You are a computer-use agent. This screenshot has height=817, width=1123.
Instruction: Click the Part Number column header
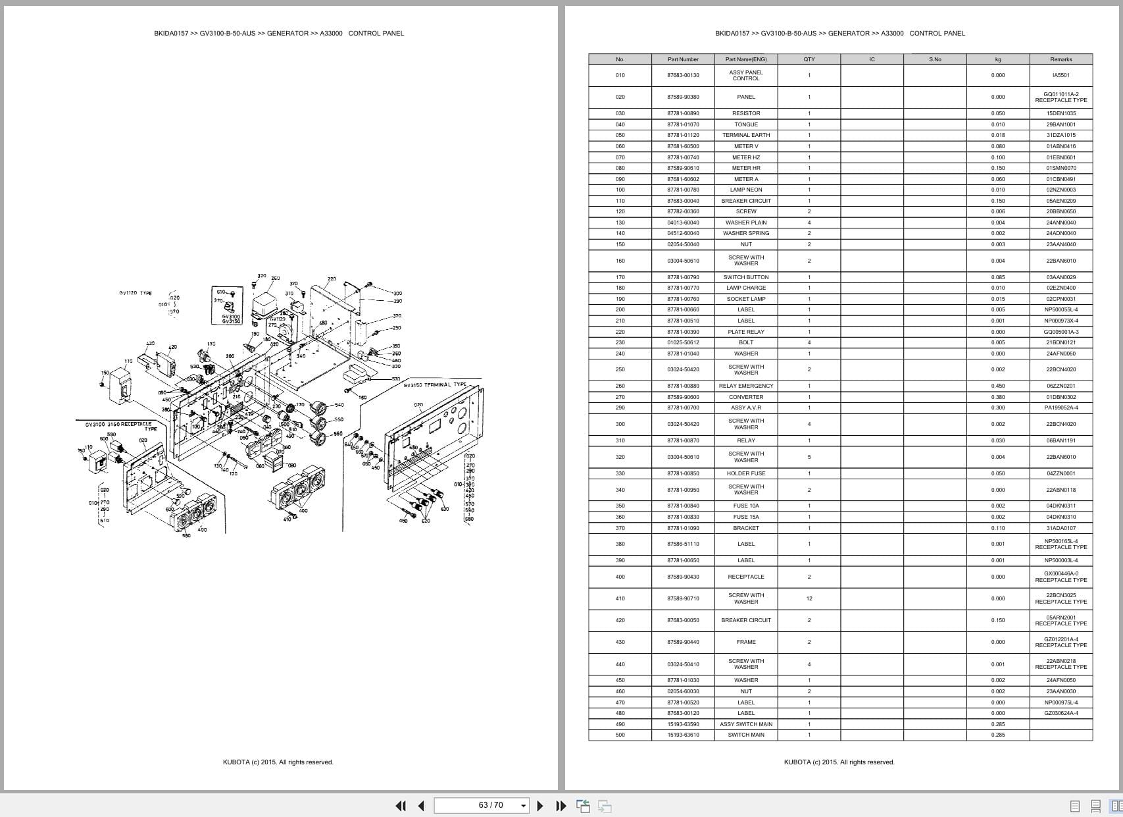683,59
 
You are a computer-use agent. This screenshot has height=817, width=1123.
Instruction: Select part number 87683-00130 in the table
683,75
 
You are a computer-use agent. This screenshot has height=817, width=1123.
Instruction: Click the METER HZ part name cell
746,157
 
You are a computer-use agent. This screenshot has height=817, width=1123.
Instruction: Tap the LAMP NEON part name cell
746,190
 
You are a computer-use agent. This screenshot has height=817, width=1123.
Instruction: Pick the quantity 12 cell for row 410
809,598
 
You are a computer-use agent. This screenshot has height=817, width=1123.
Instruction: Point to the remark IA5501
1061,75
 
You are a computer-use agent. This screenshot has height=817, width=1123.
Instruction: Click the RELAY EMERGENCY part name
746,386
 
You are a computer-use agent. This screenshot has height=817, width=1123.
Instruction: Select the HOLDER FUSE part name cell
746,473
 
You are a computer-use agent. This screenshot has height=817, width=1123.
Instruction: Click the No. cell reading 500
620,735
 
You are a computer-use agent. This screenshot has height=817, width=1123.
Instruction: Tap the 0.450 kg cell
998,386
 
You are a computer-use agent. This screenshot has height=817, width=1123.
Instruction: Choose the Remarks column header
1061,59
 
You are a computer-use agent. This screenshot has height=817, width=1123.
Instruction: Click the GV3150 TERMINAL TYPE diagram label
435,385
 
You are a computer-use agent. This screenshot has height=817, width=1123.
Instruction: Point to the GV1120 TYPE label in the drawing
136,293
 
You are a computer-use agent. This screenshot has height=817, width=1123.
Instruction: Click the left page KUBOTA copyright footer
278,762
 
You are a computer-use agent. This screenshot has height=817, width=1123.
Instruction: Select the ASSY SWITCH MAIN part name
746,724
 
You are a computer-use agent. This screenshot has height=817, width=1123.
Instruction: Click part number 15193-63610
683,735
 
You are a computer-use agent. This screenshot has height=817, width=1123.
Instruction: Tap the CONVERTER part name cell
746,397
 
